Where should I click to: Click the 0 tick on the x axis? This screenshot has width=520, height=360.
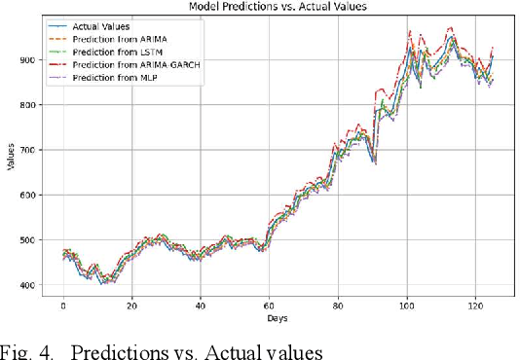pos(63,306)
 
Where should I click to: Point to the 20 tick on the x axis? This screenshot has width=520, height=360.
pos(131,306)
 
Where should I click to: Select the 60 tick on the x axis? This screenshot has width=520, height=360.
pos(269,306)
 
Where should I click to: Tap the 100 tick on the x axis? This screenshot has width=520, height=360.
pos(406,306)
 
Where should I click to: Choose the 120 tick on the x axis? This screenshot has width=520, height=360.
pos(474,306)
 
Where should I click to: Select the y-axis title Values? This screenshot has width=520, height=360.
pos(11,156)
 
